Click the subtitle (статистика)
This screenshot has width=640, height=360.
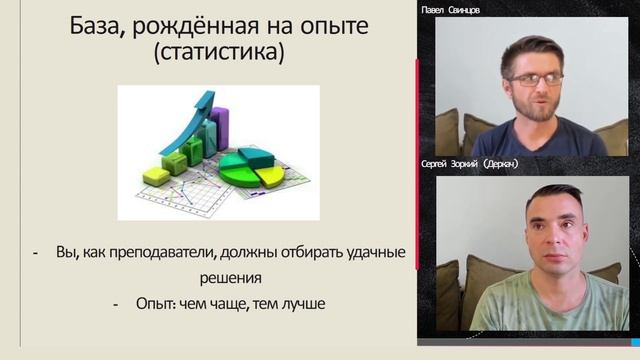[x=218, y=52]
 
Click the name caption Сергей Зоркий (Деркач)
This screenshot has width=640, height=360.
[x=472, y=163]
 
